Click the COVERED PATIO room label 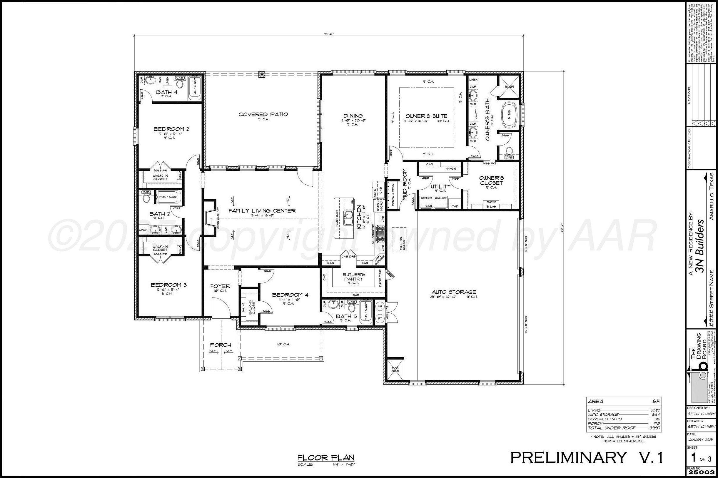point(263,114)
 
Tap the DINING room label point(353,116)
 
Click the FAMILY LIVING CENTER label point(262,211)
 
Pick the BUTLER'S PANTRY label point(353,277)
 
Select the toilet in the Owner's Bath point(509,151)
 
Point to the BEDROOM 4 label point(290,295)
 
